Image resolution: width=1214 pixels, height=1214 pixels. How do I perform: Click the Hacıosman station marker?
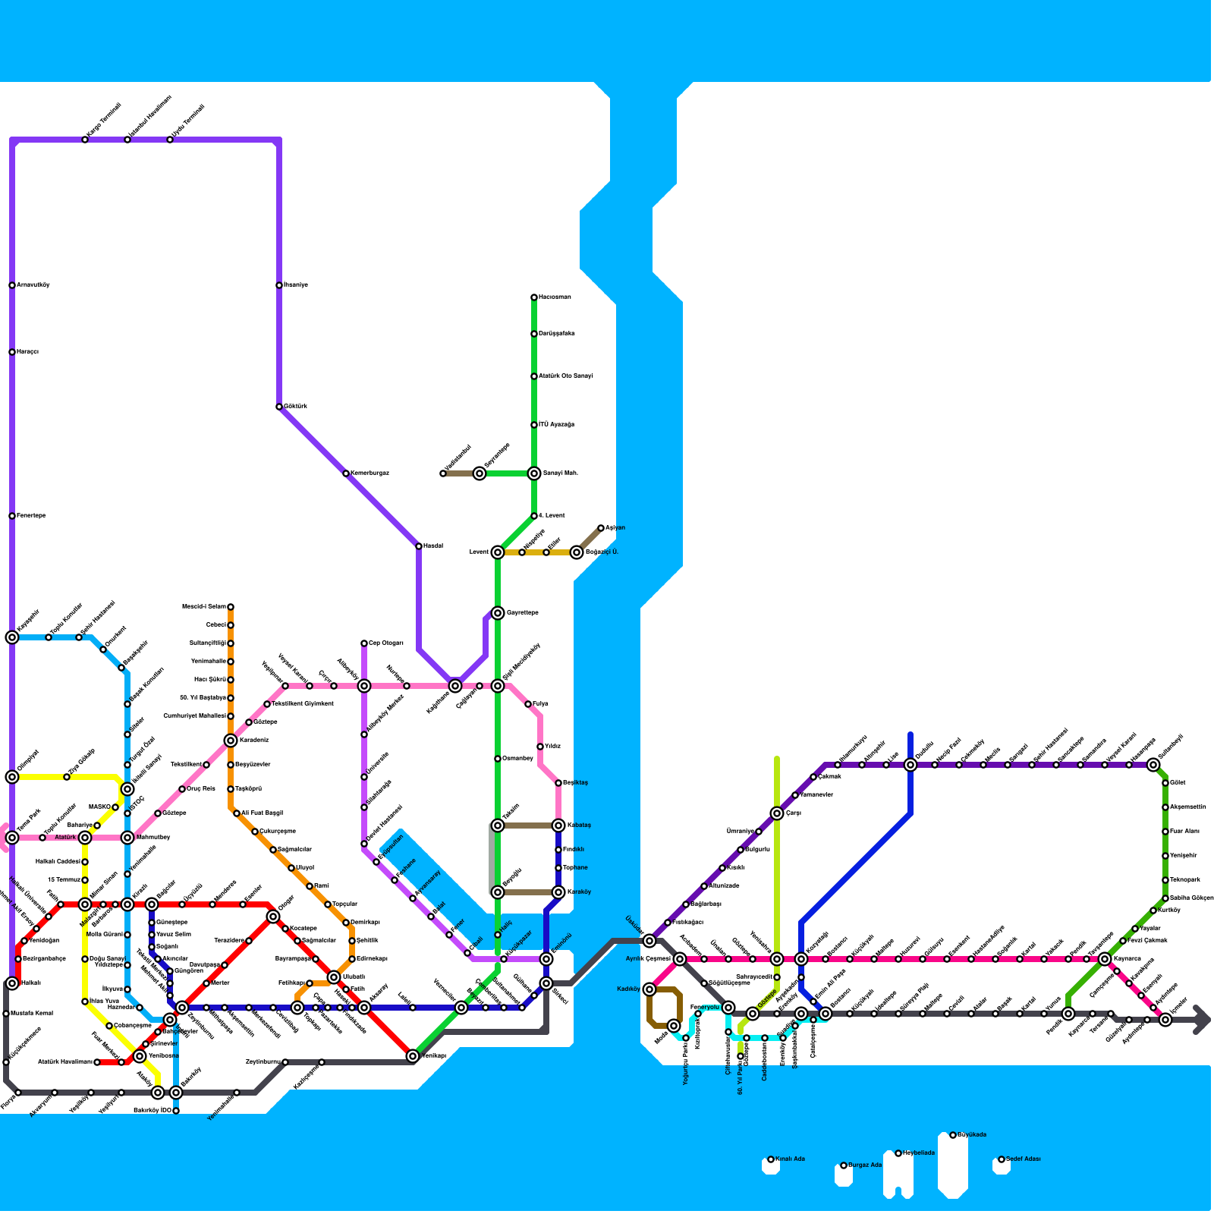534,297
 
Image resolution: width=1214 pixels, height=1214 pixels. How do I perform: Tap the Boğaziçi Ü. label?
602,552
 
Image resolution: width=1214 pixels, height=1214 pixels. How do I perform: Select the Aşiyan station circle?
601,528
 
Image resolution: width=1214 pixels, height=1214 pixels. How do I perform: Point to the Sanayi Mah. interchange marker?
534,473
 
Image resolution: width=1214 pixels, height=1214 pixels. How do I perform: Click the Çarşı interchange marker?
777,813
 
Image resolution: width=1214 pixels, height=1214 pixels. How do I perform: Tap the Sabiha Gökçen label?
1191,898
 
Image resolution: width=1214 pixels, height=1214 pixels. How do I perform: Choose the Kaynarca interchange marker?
1105,959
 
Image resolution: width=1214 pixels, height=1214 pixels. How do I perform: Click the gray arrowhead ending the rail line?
1202,1020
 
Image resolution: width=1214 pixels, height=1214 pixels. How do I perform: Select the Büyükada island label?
972,1135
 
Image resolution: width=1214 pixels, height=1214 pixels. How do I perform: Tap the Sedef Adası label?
1024,1159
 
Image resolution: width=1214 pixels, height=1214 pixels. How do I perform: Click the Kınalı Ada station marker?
771,1159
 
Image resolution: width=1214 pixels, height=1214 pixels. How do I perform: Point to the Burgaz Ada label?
865,1165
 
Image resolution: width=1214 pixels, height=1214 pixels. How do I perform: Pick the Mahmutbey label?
153,838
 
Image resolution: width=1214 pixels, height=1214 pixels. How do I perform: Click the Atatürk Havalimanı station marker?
97,1062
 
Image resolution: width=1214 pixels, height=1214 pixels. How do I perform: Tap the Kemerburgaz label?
370,473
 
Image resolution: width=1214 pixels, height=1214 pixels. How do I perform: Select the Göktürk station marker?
279,407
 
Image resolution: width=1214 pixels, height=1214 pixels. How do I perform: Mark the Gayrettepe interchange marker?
498,613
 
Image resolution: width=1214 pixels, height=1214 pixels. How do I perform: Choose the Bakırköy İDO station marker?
176,1111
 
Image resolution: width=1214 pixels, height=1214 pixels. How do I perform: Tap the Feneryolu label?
705,1008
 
